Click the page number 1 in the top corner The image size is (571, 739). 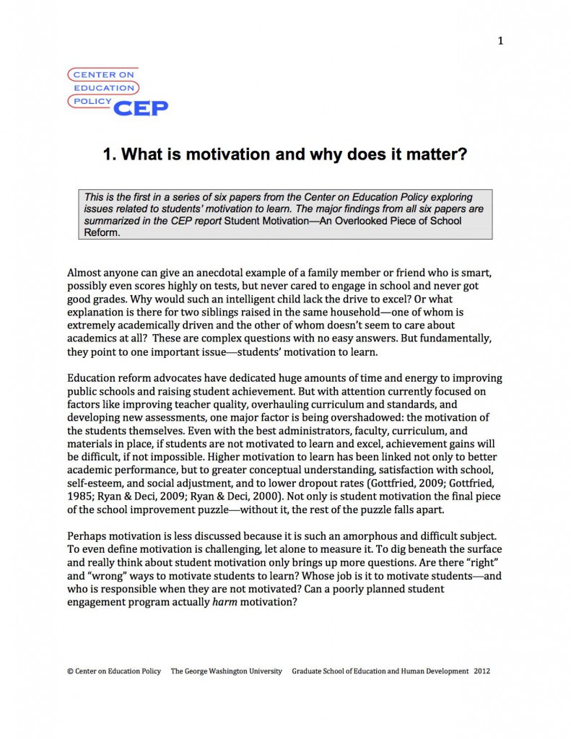[x=500, y=41]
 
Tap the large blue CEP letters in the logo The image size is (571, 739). [x=141, y=108]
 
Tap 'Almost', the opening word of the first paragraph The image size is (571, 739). [x=85, y=274]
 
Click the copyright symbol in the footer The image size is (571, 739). [x=70, y=671]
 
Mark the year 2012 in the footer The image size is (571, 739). [x=482, y=671]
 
